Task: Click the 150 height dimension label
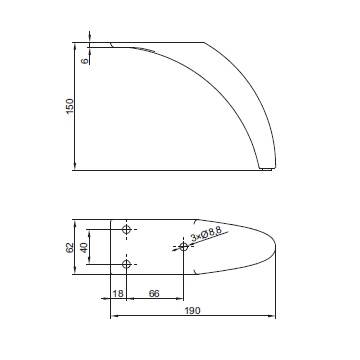click(x=70, y=106)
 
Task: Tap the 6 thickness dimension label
click(x=85, y=61)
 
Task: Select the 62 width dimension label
click(x=69, y=248)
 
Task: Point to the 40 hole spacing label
click(x=84, y=248)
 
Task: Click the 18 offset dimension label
click(x=118, y=293)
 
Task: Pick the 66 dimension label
click(x=154, y=293)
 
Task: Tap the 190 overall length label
click(x=193, y=311)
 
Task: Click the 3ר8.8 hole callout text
click(x=206, y=236)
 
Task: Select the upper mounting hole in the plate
click(x=126, y=229)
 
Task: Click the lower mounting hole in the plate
click(x=126, y=264)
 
